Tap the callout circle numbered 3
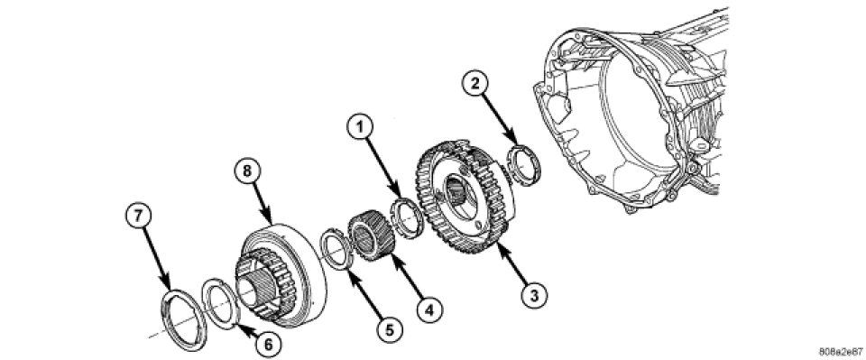[533, 295]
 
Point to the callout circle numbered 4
[429, 310]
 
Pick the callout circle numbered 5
[390, 330]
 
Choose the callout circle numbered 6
[267, 344]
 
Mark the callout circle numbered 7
[139, 216]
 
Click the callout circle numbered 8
[246, 171]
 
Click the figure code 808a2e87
[841, 351]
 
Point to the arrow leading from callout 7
[156, 258]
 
